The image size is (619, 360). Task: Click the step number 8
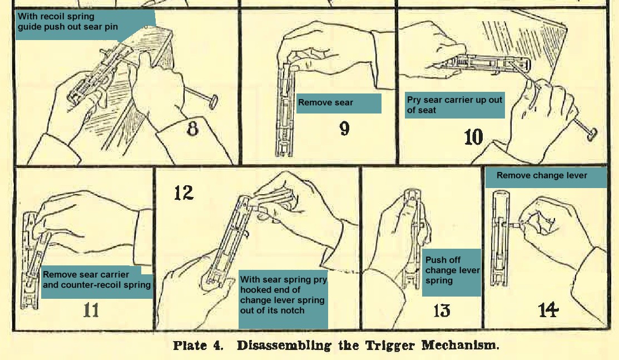tap(192, 129)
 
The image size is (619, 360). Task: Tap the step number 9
tap(345, 129)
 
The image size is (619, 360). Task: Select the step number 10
tap(473, 137)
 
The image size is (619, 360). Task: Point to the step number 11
tap(91, 310)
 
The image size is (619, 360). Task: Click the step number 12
tap(184, 193)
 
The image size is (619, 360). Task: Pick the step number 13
tap(442, 310)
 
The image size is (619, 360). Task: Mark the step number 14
tap(548, 309)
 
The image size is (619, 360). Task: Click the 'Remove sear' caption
tap(325, 102)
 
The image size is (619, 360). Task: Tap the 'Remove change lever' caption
tap(542, 175)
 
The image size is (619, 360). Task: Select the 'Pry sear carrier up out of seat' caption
tap(454, 105)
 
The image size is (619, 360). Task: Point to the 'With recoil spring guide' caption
tap(67, 22)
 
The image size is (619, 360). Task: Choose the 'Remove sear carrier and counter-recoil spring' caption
tap(97, 279)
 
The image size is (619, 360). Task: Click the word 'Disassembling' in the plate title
tap(284, 346)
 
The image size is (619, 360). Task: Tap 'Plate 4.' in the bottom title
tap(198, 346)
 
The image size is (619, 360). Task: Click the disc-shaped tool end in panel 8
tap(214, 101)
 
